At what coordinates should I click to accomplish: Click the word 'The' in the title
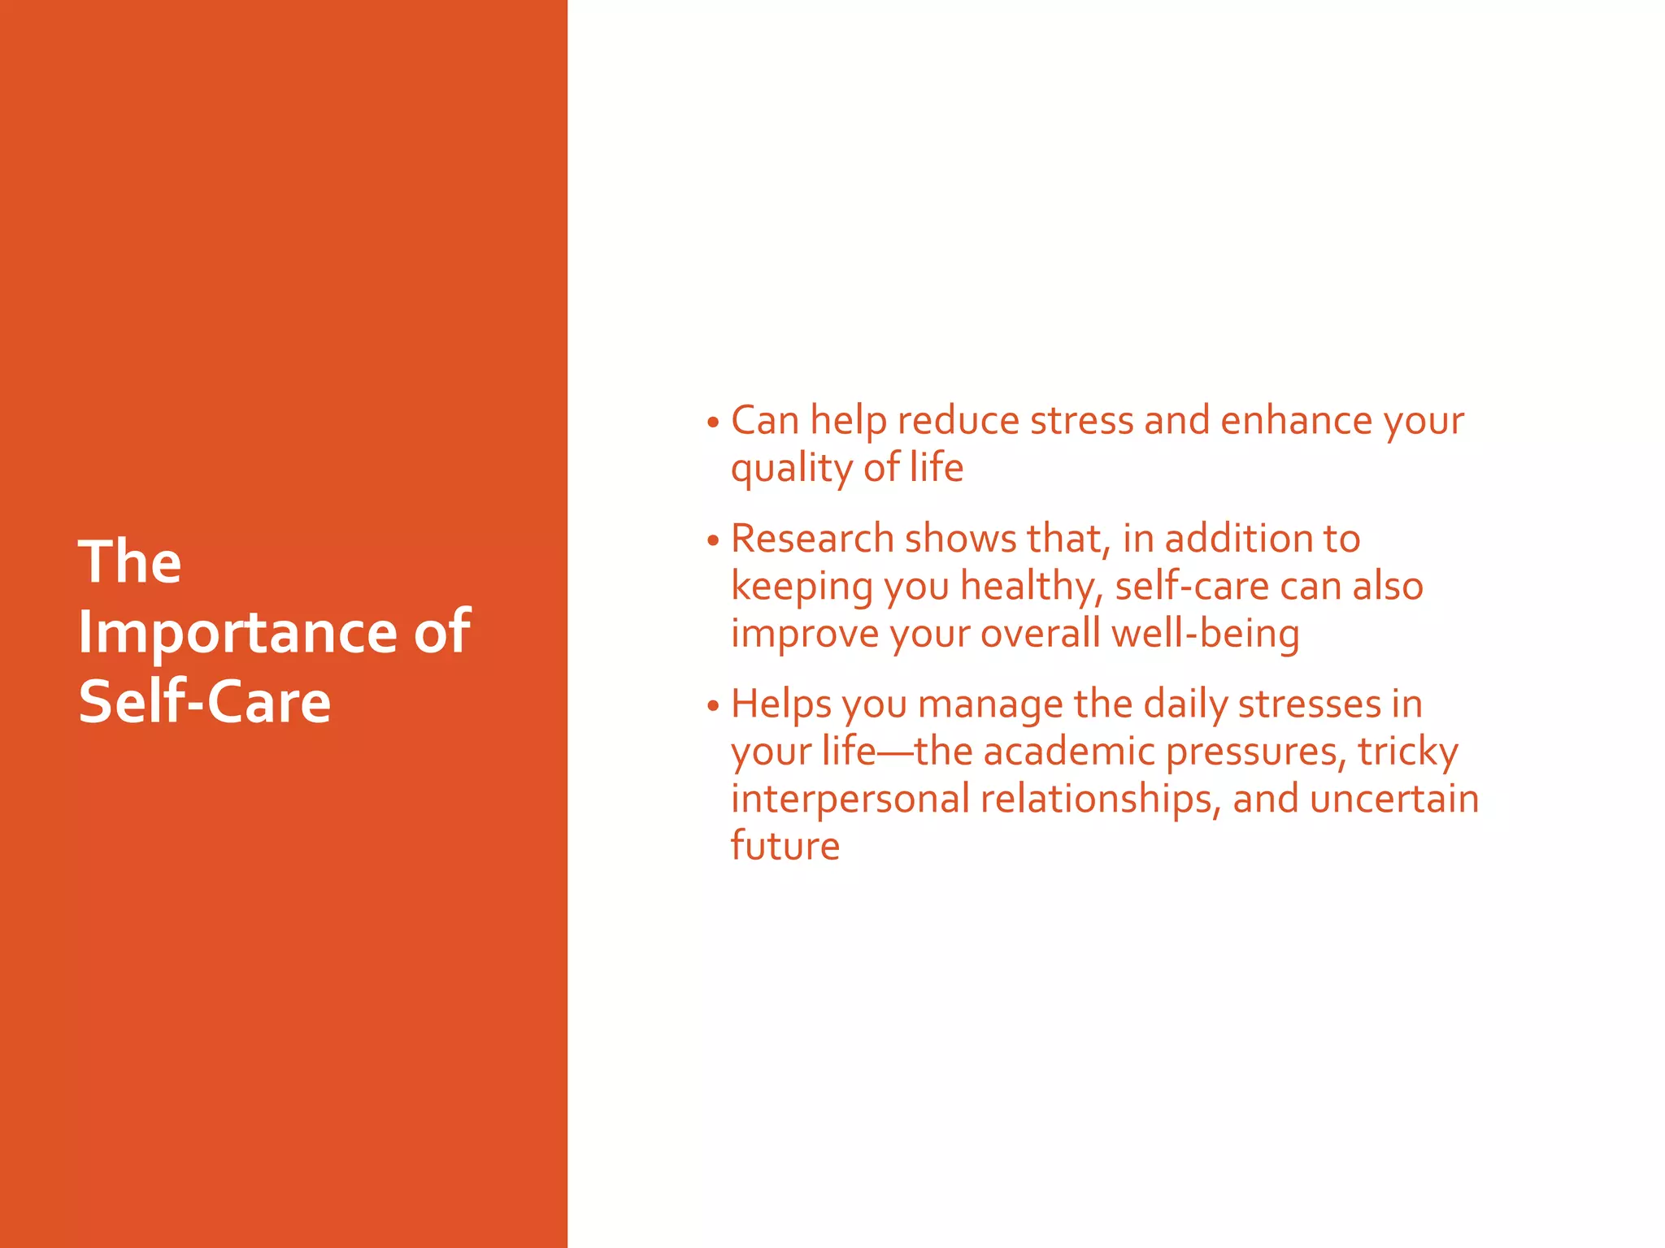click(130, 561)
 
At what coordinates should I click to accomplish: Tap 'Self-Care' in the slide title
click(205, 702)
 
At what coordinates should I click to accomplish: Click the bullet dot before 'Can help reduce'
click(713, 423)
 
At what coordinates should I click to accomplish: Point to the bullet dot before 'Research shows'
click(713, 541)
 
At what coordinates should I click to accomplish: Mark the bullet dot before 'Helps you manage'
click(713, 706)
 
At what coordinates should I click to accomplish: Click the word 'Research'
click(812, 539)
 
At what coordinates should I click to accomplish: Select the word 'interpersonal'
click(850, 799)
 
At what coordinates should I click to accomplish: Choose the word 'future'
click(785, 846)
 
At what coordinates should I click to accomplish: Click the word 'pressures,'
click(1252, 752)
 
